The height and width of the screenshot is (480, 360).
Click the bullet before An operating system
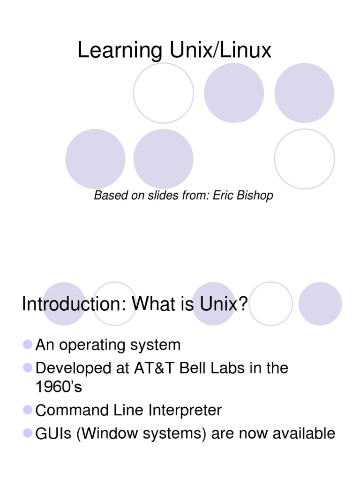28,345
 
